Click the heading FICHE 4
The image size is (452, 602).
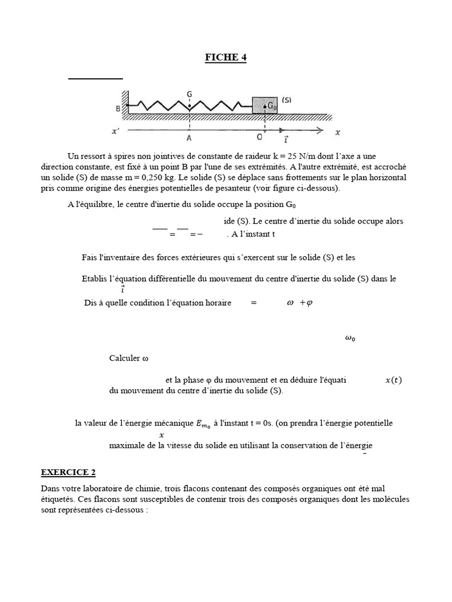click(225, 57)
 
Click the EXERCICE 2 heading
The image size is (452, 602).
click(68, 472)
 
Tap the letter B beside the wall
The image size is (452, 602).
click(118, 109)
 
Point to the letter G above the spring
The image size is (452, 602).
click(189, 93)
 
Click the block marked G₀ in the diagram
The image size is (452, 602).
click(265, 105)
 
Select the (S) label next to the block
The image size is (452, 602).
click(287, 100)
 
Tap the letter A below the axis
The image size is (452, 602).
click(189, 139)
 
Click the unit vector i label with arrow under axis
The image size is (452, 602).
click(286, 139)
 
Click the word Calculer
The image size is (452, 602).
click(125, 358)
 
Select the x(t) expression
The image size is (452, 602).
click(393, 380)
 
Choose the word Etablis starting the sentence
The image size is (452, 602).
click(97, 279)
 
